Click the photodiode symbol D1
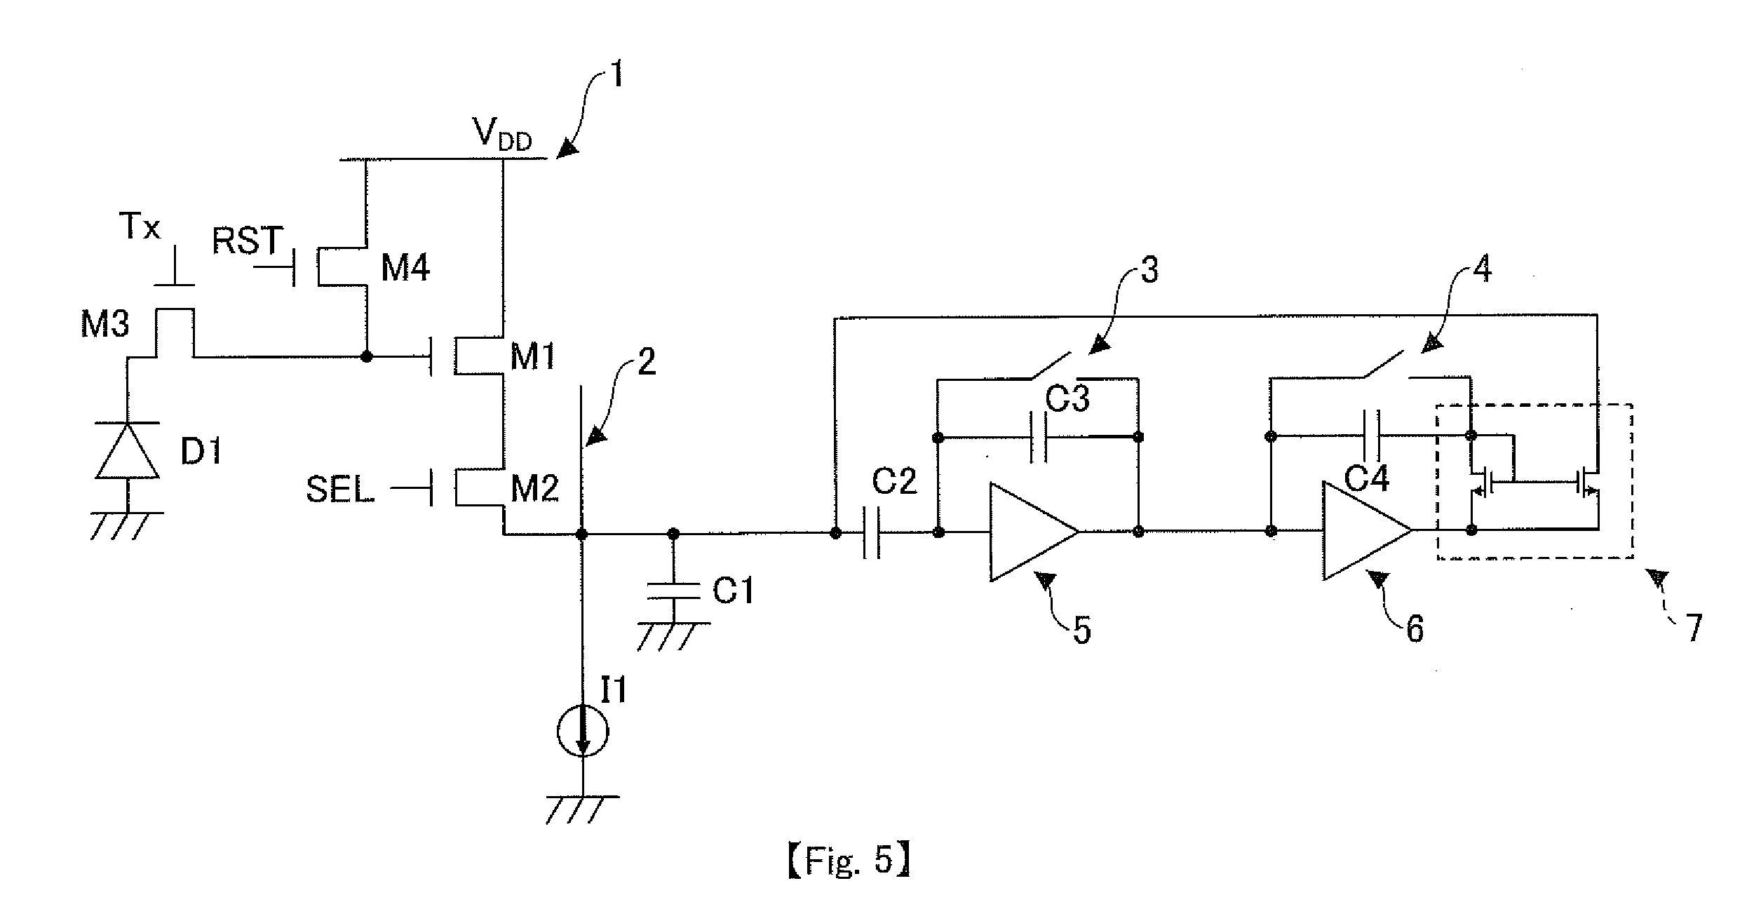128,450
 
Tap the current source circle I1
582,732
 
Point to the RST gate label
248,241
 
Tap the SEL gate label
340,490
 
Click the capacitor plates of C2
871,533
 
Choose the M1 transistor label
533,358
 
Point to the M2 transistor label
535,489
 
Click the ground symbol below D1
128,524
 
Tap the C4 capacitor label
1368,480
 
